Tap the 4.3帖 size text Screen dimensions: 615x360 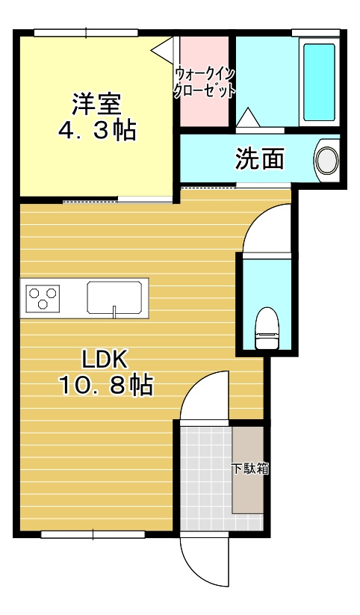[96, 130]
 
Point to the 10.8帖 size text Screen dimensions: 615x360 [105, 386]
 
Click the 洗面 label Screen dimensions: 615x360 [260, 158]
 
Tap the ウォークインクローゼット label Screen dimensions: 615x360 [204, 83]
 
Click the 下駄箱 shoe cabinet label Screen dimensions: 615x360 [249, 469]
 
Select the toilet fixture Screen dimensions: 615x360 [267, 328]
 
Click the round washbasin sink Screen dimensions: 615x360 [326, 160]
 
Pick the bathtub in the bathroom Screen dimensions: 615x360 [320, 83]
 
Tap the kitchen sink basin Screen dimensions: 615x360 [115, 297]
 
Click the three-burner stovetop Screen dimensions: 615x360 [43, 298]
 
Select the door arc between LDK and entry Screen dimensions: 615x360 [203, 396]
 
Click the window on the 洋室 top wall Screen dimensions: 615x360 [85, 32]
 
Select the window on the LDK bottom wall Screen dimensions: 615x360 [93, 534]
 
